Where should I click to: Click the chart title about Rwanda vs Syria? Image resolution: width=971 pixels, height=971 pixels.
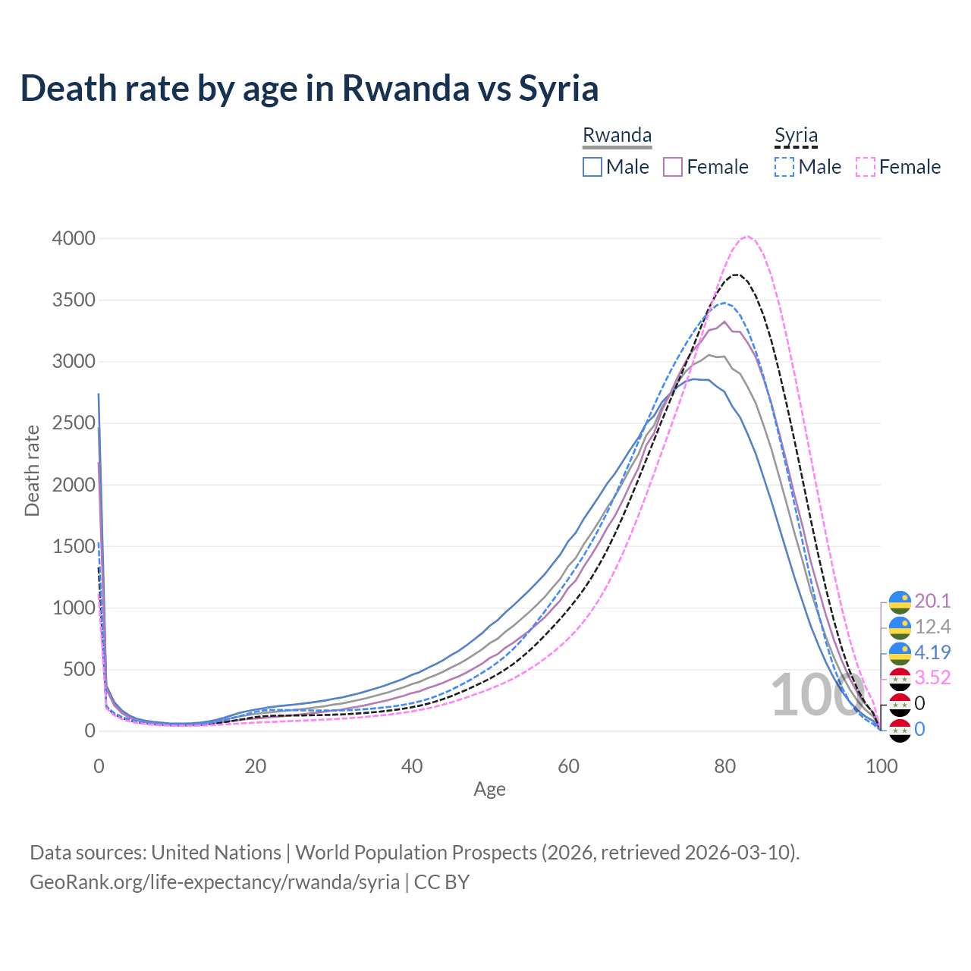[310, 88]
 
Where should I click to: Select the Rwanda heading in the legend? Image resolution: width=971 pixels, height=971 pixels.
[617, 135]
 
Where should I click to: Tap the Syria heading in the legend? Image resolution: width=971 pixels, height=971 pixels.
[796, 135]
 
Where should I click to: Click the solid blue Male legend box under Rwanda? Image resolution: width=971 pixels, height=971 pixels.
[592, 167]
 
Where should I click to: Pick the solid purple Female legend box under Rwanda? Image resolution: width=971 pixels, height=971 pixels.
[674, 167]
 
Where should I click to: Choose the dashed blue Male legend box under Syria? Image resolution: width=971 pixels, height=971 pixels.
[784, 167]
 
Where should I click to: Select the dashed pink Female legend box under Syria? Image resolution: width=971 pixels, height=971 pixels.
[866, 167]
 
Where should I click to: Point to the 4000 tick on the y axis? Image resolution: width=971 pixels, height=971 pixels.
[74, 239]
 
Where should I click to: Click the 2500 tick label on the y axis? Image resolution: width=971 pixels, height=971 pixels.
[74, 423]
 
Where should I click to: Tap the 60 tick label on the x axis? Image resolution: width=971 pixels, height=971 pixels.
[568, 766]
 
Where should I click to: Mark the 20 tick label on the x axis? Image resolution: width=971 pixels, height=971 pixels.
[256, 766]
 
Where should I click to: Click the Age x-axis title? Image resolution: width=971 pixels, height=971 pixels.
[489, 790]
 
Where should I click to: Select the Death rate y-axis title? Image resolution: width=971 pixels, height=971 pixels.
[32, 470]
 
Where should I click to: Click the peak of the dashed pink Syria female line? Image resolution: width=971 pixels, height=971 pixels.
[747, 236]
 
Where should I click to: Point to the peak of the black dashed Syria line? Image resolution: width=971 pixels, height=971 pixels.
[736, 275]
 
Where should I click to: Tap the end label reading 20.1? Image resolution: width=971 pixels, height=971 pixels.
[932, 602]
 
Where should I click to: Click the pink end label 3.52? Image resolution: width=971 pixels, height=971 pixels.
[932, 677]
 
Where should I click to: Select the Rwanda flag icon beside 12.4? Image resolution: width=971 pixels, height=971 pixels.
[900, 627]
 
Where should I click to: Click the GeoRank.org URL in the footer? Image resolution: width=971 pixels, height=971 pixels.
[215, 882]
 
